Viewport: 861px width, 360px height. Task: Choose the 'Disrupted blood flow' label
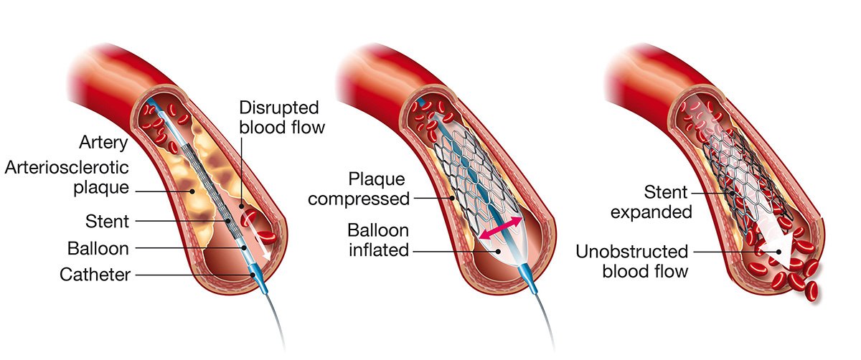pos(279,118)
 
